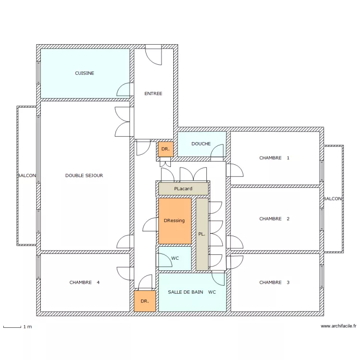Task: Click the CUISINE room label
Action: coord(84,73)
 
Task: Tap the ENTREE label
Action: coord(153,94)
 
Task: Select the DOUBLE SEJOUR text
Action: coord(84,175)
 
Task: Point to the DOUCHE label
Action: coord(201,144)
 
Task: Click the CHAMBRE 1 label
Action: coord(274,158)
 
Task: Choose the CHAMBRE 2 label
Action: coord(274,219)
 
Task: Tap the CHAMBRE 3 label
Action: coord(274,282)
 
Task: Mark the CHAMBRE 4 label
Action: coord(84,282)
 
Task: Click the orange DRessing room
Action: coord(175,221)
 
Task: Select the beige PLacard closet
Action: coord(183,189)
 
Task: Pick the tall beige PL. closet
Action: coord(202,234)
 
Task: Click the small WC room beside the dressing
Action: coord(175,258)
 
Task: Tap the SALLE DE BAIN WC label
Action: coord(192,292)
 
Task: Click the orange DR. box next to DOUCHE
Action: coord(166,149)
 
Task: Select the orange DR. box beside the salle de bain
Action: coord(145,301)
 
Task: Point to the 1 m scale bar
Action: coord(12,327)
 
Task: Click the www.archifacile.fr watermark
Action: coord(338,326)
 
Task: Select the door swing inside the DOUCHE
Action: coord(217,151)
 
